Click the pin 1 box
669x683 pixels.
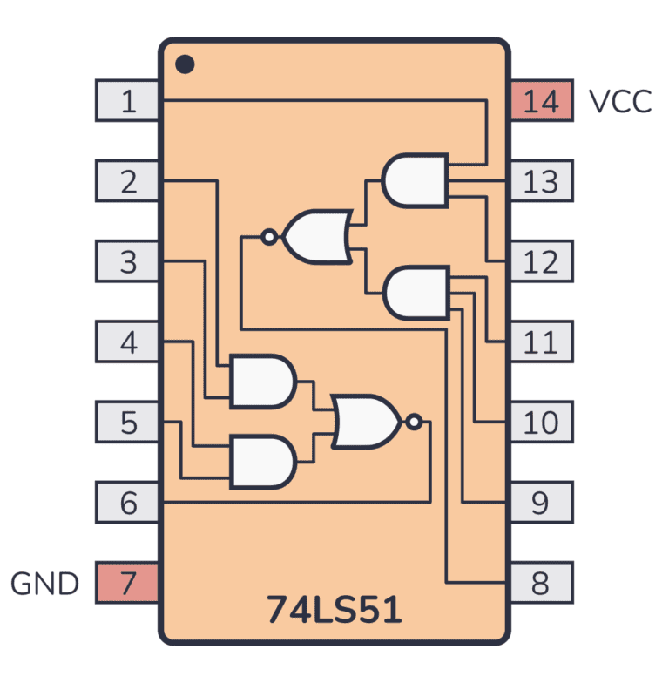click(x=127, y=101)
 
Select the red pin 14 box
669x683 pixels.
click(x=541, y=101)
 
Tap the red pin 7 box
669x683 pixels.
click(x=127, y=583)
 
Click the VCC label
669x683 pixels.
click(x=619, y=102)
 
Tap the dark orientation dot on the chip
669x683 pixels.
click(x=184, y=64)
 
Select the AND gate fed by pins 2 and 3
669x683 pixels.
click(x=260, y=382)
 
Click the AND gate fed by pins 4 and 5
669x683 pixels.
click(x=260, y=462)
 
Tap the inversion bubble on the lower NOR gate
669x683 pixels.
click(x=415, y=423)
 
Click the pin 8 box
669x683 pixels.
click(x=541, y=583)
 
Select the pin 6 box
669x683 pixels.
click(x=127, y=503)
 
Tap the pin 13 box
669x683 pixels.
click(x=541, y=181)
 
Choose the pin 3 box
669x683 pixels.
click(x=127, y=261)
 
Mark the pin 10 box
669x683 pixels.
click(x=541, y=423)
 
